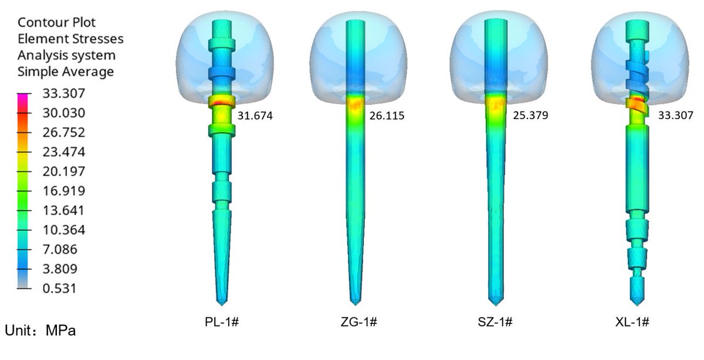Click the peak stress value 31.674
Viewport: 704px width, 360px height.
pos(255,116)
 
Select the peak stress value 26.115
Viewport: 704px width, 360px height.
pos(387,116)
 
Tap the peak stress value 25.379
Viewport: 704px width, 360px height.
pos(530,116)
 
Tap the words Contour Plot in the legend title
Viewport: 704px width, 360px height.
pos(56,23)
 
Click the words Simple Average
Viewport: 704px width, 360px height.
pos(65,72)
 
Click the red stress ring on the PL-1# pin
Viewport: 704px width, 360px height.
pos(220,103)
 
